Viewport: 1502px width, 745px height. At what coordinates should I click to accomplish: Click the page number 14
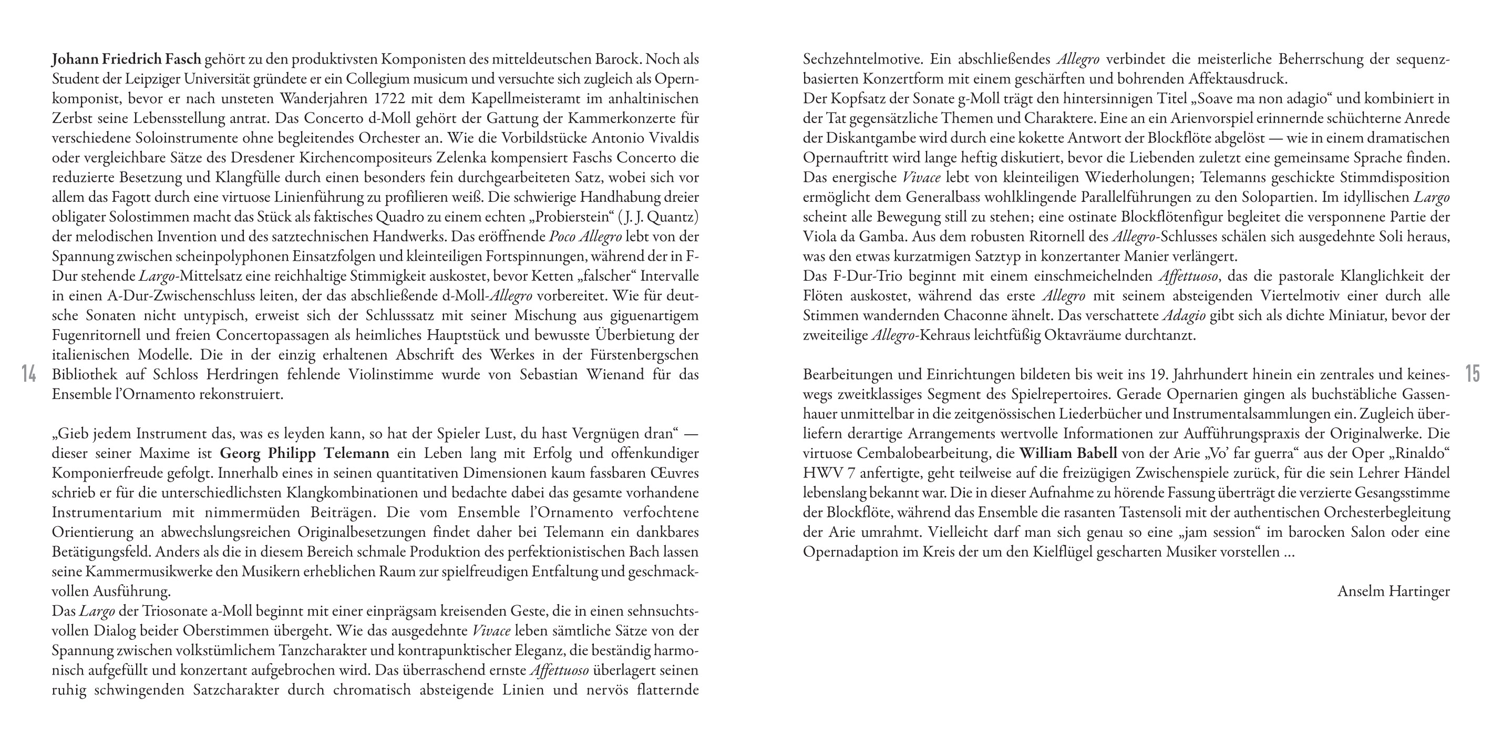28,373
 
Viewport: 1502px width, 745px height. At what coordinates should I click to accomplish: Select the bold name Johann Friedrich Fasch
126,59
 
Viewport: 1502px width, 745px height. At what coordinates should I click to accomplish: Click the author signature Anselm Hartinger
1393,591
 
